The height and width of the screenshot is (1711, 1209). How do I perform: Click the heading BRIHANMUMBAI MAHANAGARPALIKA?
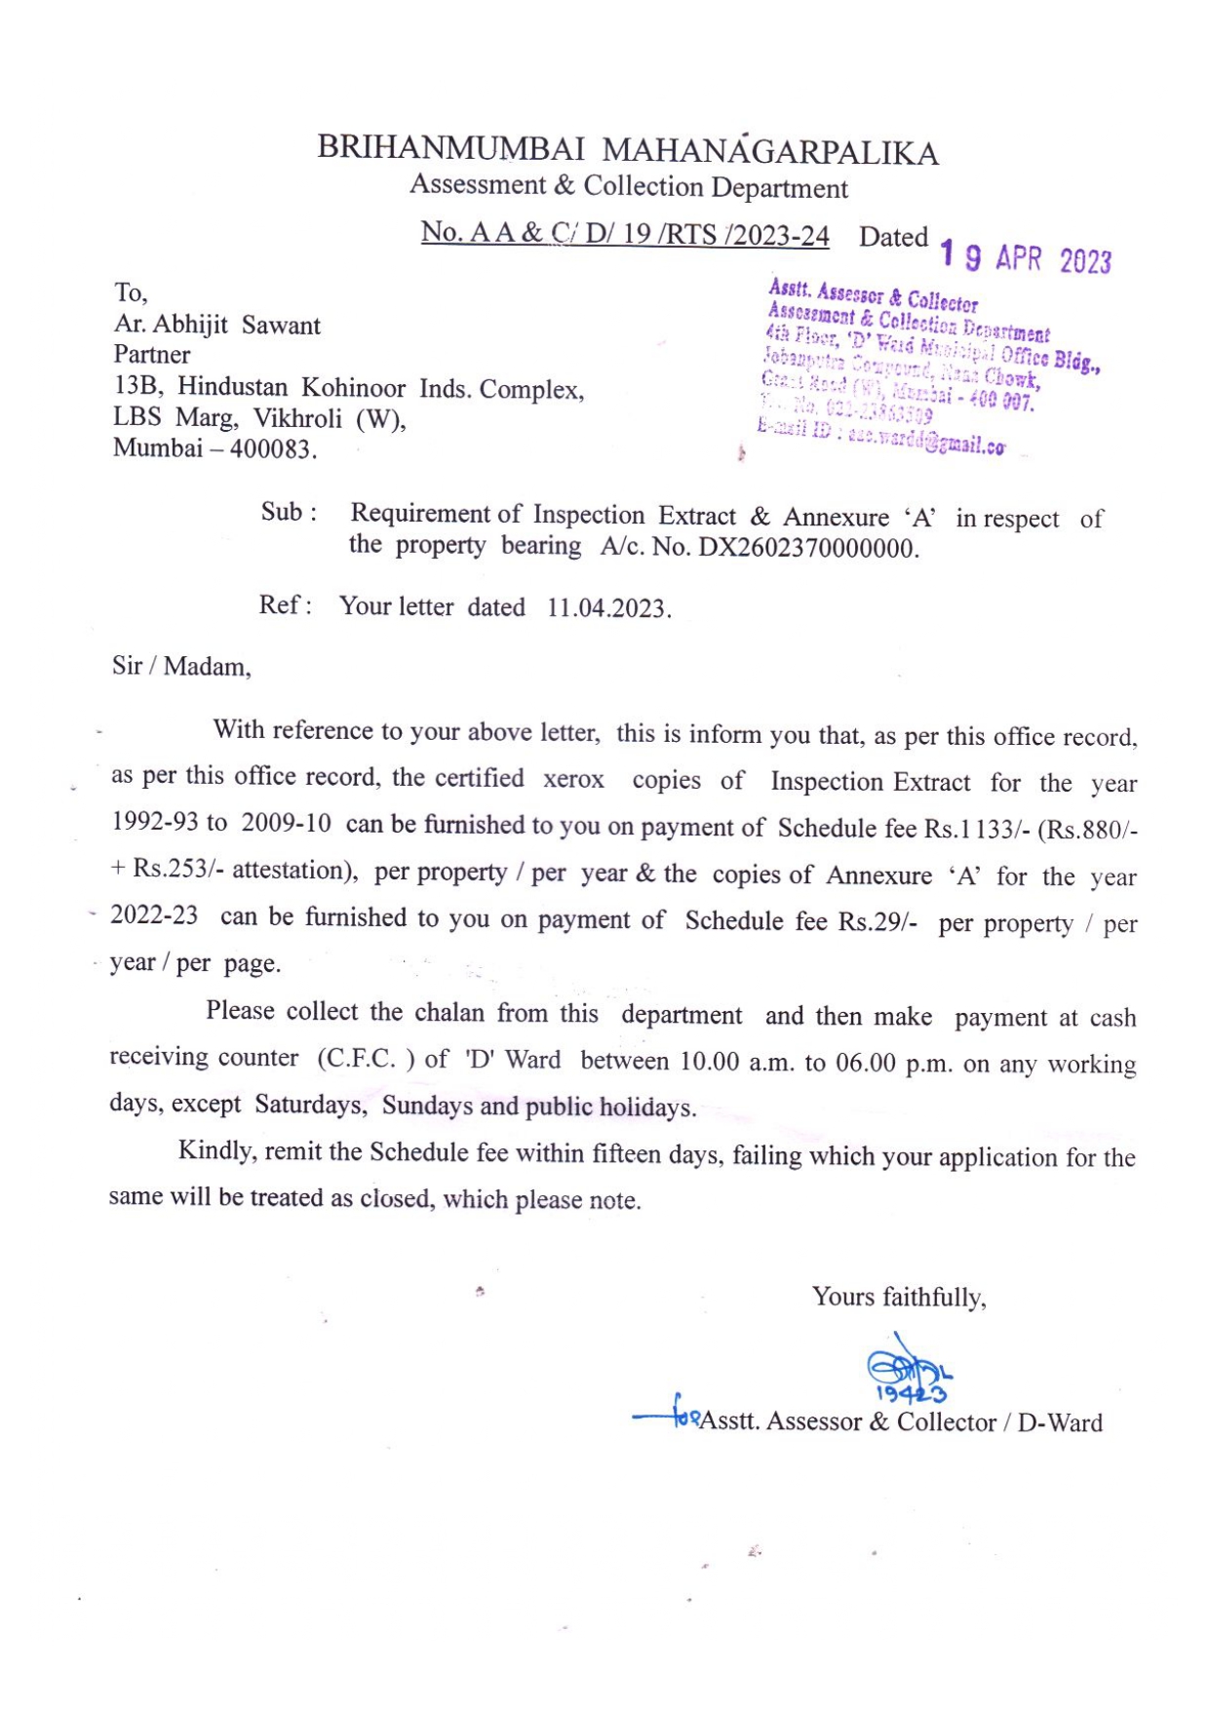click(628, 149)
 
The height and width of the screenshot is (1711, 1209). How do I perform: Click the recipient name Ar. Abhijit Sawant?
click(217, 325)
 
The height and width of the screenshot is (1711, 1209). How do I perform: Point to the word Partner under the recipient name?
click(152, 354)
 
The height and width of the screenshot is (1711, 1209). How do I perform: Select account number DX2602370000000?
click(807, 548)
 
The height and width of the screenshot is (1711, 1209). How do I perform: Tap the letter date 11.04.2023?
click(607, 608)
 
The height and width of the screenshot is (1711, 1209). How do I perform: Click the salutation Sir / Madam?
click(181, 667)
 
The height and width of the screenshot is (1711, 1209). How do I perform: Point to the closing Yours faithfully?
click(899, 1297)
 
